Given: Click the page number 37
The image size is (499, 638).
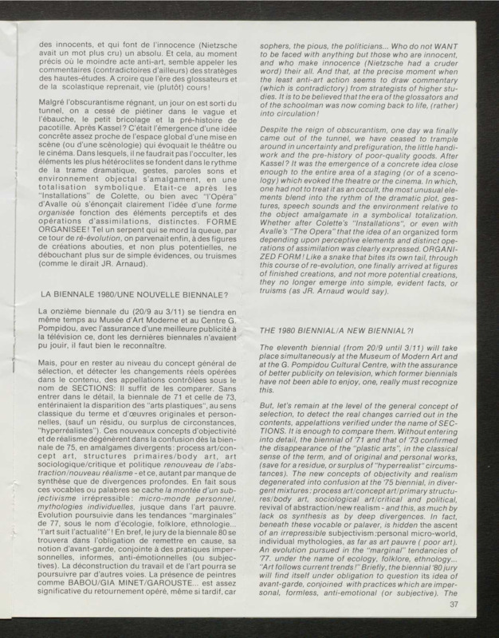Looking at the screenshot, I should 451,602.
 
